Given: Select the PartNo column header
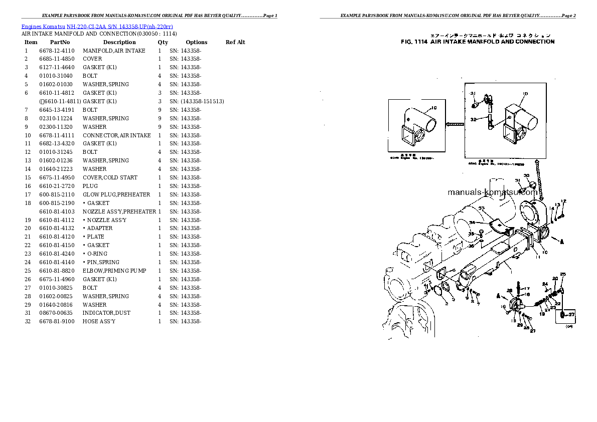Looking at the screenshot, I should [x=60, y=42].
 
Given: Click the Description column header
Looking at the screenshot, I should [x=119, y=42].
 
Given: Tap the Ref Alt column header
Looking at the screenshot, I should [x=235, y=42].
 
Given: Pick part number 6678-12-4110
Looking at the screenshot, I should [x=57, y=51].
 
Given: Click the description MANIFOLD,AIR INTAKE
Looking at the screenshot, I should [x=114, y=51].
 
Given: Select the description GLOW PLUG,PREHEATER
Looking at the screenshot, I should [x=116, y=194].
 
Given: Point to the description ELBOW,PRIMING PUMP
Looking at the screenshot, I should [x=114, y=271].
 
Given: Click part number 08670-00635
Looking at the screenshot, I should [x=57, y=313].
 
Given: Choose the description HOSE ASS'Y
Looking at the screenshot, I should [x=99, y=321].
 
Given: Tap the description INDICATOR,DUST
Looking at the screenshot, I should [x=106, y=313].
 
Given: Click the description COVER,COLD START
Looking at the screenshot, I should [x=110, y=177].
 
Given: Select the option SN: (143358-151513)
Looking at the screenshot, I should [x=197, y=101].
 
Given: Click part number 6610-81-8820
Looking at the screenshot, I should [x=57, y=271].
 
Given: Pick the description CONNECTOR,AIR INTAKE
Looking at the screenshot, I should [x=117, y=135].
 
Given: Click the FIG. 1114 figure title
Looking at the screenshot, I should [x=478, y=42].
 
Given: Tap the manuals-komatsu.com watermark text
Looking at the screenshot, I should [x=492, y=192].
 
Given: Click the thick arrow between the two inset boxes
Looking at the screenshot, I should [x=455, y=123].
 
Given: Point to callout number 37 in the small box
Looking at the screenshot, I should [x=570, y=314].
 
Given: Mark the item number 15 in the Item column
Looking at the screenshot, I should [x=28, y=177].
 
